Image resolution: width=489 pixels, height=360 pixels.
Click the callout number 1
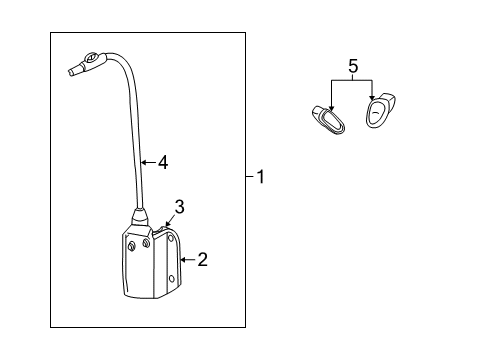click(x=261, y=176)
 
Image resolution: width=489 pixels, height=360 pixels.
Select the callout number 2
click(x=202, y=259)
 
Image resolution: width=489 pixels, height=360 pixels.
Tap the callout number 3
click(x=180, y=207)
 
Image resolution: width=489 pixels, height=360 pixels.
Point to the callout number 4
click(x=163, y=163)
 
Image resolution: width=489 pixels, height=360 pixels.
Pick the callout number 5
click(x=353, y=66)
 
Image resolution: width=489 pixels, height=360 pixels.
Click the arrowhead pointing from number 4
click(x=143, y=163)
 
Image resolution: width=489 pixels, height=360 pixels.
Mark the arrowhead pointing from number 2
click(x=183, y=259)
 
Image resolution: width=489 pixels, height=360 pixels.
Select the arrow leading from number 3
click(x=170, y=220)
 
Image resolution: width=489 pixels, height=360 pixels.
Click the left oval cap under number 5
click(x=328, y=120)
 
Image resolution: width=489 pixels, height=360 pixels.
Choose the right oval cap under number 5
click(x=380, y=110)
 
